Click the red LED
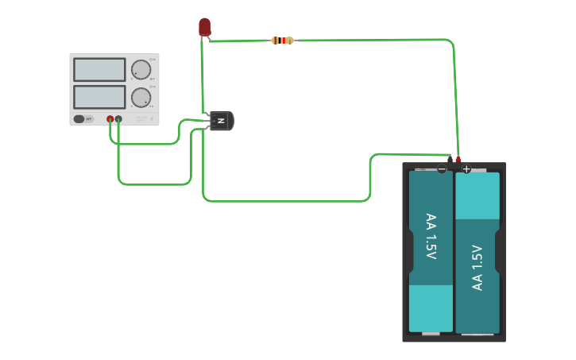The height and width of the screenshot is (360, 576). [204, 26]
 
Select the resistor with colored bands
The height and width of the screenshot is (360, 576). [282, 41]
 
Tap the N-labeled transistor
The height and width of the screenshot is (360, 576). [220, 121]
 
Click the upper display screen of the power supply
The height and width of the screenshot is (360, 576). [99, 70]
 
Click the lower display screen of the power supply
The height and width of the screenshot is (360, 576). [99, 97]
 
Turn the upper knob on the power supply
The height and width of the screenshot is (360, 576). [141, 70]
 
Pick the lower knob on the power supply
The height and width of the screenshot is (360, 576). [141, 98]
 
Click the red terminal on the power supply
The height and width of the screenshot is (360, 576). [110, 119]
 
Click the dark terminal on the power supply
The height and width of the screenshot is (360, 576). [118, 119]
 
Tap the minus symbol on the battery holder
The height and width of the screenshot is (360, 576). [442, 168]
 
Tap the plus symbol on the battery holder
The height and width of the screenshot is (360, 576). [466, 168]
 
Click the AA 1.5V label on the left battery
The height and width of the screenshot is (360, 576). [431, 236]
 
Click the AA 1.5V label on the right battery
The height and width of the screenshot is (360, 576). [477, 268]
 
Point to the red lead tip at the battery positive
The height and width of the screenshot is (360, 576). [458, 160]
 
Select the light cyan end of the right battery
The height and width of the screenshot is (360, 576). [477, 195]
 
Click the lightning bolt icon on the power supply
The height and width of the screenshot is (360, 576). [152, 118]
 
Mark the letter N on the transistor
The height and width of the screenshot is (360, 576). [222, 121]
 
